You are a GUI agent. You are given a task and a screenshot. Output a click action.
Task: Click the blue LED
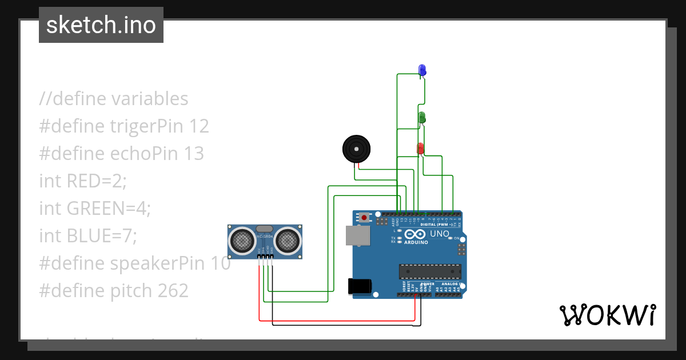(422, 70)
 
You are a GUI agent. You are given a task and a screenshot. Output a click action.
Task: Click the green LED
(422, 117)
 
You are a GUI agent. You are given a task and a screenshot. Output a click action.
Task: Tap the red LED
(421, 148)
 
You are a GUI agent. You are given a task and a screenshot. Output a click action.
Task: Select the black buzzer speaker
(356, 149)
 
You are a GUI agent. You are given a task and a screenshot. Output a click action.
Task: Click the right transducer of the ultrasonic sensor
(287, 240)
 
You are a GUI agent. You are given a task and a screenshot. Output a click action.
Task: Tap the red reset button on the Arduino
(364, 217)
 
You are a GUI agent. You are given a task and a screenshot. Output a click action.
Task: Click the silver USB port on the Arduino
(357, 235)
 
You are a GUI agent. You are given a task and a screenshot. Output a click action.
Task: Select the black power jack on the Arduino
(360, 286)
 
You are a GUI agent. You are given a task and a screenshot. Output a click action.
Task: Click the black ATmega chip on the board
(430, 271)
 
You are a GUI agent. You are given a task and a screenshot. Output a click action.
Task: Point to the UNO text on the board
(440, 234)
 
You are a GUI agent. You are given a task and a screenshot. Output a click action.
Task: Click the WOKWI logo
(607, 315)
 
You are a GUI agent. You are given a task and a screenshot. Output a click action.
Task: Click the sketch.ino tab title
(101, 25)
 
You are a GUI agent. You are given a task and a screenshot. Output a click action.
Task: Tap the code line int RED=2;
(82, 181)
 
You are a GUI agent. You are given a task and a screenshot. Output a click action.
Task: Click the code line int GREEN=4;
(94, 208)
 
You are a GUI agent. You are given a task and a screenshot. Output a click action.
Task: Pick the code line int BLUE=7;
(88, 235)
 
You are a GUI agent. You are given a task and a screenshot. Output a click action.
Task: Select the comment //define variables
(114, 98)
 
